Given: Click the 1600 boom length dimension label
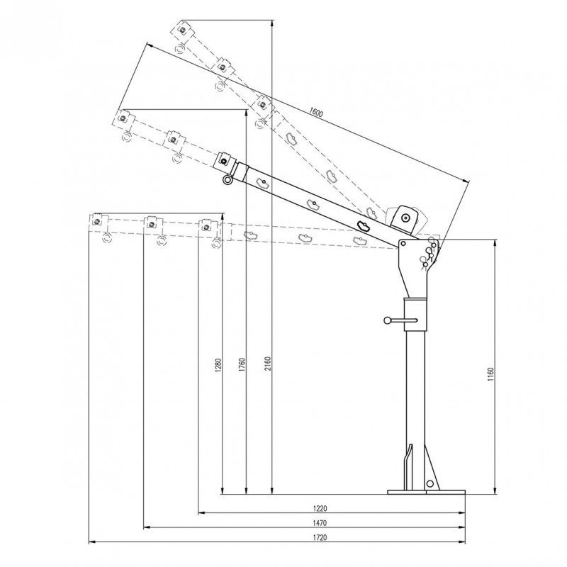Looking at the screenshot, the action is point(315,112).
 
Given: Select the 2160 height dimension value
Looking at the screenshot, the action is point(268,364).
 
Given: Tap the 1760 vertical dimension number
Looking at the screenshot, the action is point(242,364).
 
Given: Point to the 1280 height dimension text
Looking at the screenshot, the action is point(218,365).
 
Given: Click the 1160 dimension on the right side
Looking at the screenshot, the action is point(490,375).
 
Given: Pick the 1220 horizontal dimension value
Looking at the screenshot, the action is point(320,508).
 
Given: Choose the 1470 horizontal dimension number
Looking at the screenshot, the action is point(320,523).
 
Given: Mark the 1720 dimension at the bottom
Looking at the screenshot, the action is point(320,537).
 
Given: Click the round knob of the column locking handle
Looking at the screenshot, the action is point(388,320).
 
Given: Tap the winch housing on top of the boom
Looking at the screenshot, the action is point(405,218).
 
